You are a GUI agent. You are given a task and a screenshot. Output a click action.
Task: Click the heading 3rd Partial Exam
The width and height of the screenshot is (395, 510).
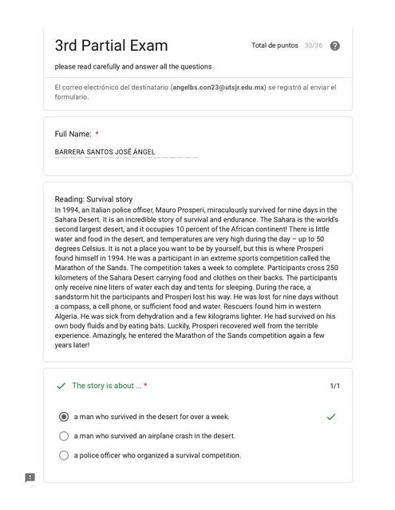coord(111,45)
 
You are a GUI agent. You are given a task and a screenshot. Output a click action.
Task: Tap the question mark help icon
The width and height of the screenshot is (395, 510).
coord(335,46)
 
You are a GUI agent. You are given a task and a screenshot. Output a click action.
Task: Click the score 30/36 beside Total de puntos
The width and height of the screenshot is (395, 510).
coord(313,46)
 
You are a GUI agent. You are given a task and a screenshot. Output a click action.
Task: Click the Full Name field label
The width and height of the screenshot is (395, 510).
coord(73,134)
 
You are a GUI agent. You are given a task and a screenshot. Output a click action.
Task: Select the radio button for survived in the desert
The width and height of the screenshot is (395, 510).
coord(64,417)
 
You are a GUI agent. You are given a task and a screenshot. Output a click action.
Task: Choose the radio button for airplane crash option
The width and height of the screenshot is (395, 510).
coord(64,436)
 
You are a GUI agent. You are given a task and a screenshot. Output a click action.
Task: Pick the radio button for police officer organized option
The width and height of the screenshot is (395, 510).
coord(64,456)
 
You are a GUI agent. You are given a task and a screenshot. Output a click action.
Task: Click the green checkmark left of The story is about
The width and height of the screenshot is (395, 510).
coord(61,386)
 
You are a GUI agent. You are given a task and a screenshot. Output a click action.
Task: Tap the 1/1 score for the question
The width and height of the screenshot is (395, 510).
coord(335,386)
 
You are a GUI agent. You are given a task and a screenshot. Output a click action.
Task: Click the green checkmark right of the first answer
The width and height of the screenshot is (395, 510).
coord(331,417)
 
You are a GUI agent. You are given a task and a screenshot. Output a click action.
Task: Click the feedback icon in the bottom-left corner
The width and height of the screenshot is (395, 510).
coord(30,478)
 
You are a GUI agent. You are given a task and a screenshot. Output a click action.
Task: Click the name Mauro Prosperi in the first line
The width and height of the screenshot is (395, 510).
coord(201,210)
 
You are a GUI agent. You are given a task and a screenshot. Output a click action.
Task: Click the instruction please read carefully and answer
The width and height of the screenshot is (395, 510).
coord(133,66)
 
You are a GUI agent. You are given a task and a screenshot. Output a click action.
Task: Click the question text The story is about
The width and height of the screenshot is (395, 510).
coord(107,386)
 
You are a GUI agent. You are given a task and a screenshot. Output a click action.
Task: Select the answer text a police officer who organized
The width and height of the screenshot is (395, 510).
coord(157,456)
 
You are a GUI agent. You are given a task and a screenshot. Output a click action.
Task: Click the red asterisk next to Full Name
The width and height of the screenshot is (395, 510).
coord(97,134)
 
